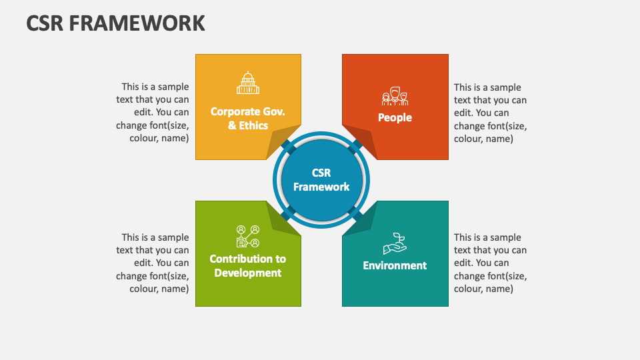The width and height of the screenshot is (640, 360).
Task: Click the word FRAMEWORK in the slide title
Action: pyautogui.click(x=137, y=23)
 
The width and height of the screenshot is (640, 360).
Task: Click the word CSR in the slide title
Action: pyautogui.click(x=45, y=23)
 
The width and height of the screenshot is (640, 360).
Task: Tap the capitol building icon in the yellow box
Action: pyautogui.click(x=248, y=83)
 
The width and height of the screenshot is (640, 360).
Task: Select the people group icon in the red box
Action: pyautogui.click(x=395, y=96)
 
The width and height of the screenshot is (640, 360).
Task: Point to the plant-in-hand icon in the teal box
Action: pyautogui.click(x=395, y=244)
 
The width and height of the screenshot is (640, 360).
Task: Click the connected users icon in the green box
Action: pyautogui.click(x=248, y=236)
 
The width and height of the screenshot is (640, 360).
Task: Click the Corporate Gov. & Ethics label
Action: pyautogui.click(x=248, y=119)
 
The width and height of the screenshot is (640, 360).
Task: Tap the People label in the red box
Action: pyautogui.click(x=395, y=117)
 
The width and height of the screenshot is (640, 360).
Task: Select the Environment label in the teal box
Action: pyautogui.click(x=395, y=265)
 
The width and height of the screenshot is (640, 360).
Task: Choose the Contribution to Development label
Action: pyautogui.click(x=248, y=266)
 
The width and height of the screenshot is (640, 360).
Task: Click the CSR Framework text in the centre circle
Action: pyautogui.click(x=321, y=179)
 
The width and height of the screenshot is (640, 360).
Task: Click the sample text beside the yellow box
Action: pyautogui.click(x=152, y=112)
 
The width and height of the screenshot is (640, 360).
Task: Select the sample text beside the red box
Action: pyautogui.click(x=490, y=113)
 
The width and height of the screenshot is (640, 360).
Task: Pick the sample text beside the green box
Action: pyautogui.click(x=152, y=263)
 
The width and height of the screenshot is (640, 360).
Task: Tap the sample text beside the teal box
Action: pyautogui.click(x=490, y=263)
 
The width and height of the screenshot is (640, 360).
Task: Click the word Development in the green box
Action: pyautogui.click(x=248, y=273)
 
